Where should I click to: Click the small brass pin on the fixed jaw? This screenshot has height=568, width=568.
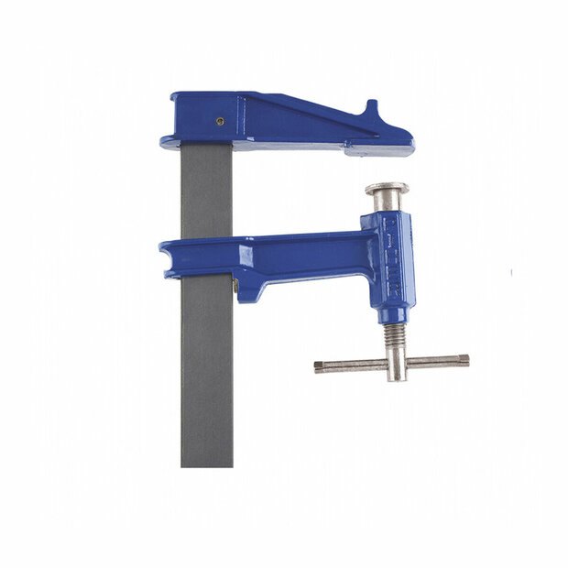(x=221, y=119)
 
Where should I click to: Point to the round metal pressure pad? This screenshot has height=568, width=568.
(x=387, y=190)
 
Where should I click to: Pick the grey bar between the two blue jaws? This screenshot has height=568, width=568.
(x=206, y=192)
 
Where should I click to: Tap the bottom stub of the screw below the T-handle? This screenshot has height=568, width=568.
(x=396, y=377)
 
